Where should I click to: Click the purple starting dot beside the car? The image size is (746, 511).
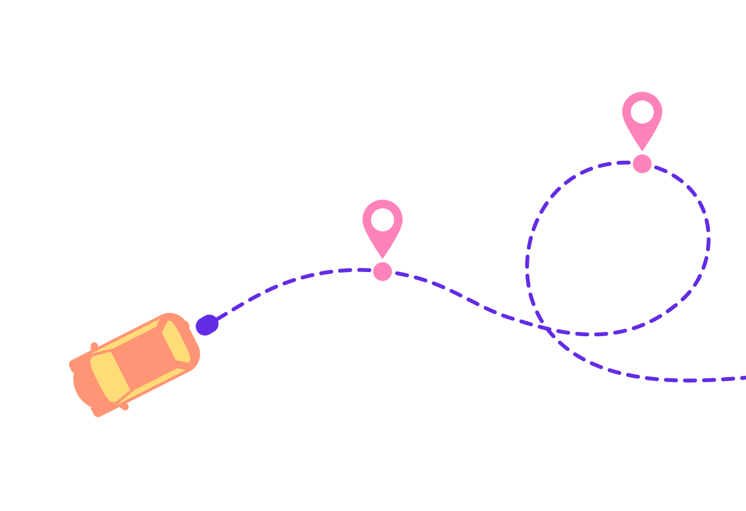point(207,325)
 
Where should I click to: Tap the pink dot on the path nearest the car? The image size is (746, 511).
point(382,271)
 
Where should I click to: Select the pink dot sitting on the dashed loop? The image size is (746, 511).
point(642,164)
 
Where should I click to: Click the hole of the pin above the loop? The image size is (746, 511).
point(642,112)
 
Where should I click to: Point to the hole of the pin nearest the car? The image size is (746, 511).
point(382,219)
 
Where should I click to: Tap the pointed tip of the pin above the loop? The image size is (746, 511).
point(642,150)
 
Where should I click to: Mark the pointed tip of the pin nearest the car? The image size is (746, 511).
point(382,257)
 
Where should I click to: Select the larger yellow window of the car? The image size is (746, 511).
point(109,377)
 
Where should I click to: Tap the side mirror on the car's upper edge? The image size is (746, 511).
point(94,347)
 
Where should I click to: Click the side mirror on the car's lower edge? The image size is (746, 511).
point(124,406)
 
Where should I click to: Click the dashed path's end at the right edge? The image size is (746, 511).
point(742,378)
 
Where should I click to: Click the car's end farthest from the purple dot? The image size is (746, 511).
point(76,382)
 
